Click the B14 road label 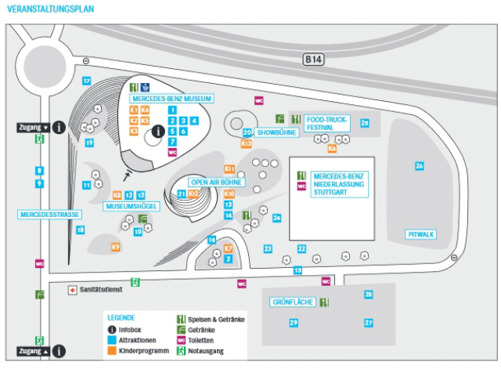[x=314, y=58]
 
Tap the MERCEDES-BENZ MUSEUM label [x=171, y=99]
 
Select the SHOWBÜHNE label [x=277, y=133]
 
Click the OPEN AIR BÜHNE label [x=217, y=182]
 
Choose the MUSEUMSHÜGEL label [x=133, y=206]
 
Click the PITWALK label [x=421, y=234]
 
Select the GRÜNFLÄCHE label [x=293, y=302]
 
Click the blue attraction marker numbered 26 [x=420, y=166]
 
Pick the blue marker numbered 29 [x=294, y=323]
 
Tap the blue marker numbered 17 [x=87, y=81]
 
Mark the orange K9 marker [x=116, y=248]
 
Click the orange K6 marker [x=333, y=147]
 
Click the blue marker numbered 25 [x=365, y=122]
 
